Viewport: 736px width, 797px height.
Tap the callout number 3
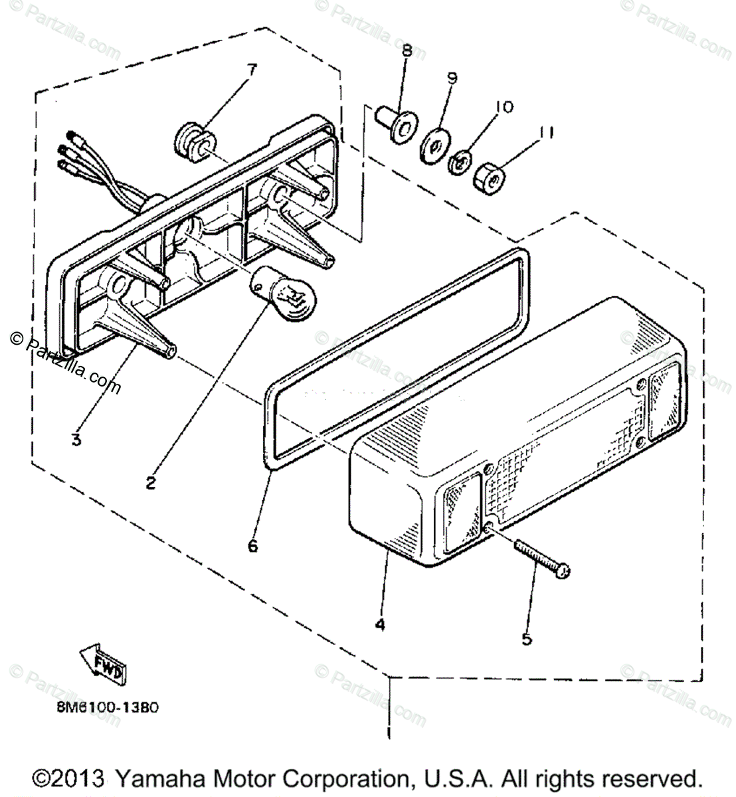point(77,439)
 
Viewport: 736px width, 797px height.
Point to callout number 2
point(151,483)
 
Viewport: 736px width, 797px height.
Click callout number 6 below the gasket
point(252,546)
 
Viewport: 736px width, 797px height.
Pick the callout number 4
point(379,624)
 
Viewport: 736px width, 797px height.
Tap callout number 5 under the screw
point(526,640)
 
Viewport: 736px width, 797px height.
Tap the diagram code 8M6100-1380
point(107,707)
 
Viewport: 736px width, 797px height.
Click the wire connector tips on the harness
point(70,152)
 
